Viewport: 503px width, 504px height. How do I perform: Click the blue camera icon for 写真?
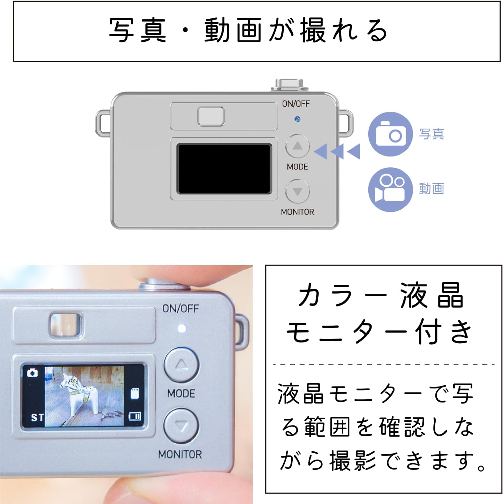click(390, 134)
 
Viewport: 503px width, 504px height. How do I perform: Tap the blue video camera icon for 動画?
click(390, 190)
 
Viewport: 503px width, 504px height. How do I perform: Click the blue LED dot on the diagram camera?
click(297, 119)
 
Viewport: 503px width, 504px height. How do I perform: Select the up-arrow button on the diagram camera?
click(297, 146)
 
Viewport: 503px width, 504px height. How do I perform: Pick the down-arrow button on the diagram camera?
click(297, 192)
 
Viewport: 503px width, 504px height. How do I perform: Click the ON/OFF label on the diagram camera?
click(296, 104)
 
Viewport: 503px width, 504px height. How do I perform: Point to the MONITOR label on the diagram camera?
click(298, 212)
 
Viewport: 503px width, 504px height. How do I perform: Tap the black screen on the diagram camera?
click(224, 169)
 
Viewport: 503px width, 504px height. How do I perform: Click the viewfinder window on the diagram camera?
click(211, 116)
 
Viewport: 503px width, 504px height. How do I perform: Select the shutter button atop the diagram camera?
click(289, 85)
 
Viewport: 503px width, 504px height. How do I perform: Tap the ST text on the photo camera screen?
click(37, 418)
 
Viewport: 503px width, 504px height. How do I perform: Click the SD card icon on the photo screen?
click(134, 393)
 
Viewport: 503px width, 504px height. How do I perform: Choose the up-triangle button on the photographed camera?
click(181, 365)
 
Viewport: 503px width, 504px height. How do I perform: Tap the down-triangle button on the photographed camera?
click(181, 426)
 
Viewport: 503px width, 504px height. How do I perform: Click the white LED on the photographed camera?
click(182, 328)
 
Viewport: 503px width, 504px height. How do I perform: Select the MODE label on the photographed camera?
click(181, 393)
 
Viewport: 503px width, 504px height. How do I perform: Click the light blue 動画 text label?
click(431, 188)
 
